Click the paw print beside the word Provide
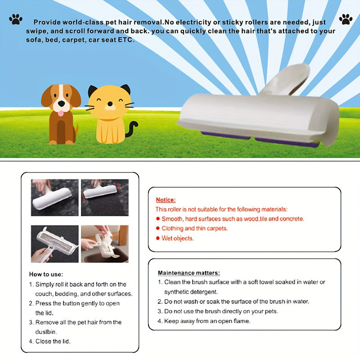[x=16, y=19]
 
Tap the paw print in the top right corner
[x=346, y=19]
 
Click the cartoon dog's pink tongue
[x=61, y=113]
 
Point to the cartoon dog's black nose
[x=62, y=103]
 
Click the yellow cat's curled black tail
[x=132, y=129]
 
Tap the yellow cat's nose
[x=110, y=104]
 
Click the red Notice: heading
[x=166, y=200]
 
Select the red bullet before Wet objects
[x=158, y=238]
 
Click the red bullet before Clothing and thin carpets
[x=158, y=228]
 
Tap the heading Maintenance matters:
[x=189, y=273]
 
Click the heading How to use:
[x=46, y=274]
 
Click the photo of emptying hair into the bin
[x=105, y=244]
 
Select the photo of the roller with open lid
[x=54, y=244]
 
